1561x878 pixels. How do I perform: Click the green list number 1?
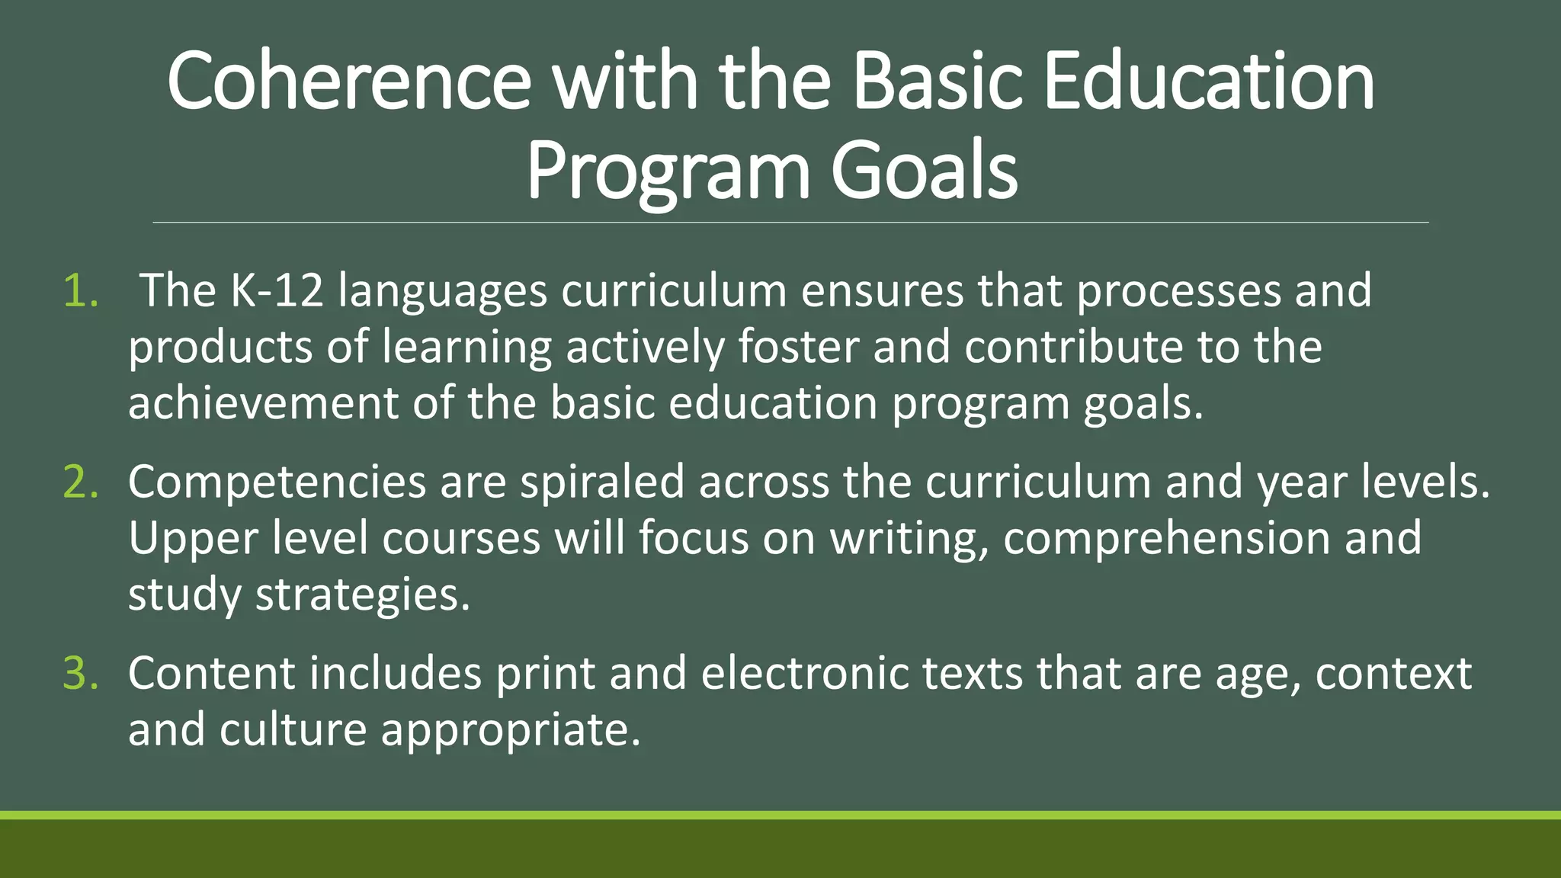[81, 291]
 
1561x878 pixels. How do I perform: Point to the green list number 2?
[81, 482]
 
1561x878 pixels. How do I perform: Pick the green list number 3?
[81, 674]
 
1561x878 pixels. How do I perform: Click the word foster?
[798, 347]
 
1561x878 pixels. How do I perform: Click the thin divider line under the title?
[790, 223]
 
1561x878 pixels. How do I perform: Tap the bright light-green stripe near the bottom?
[780, 815]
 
